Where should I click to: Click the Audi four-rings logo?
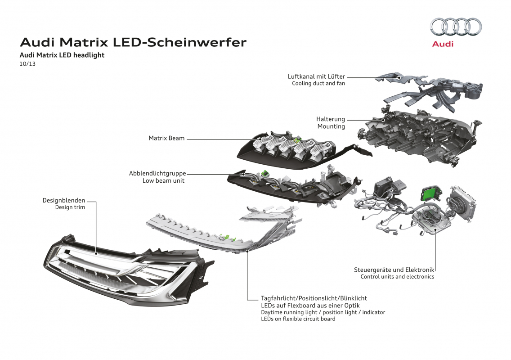pos(456,27)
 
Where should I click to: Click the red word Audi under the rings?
pos(443,44)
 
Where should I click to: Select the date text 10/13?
pos(27,63)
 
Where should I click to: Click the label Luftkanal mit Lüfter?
pos(316,76)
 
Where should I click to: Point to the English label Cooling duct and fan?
pos(318,83)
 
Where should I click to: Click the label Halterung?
pos(331,119)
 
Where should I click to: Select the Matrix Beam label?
pos(166,138)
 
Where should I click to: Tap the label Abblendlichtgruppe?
pos(157,173)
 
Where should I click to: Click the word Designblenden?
pos(63,200)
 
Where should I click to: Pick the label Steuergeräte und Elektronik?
pos(394,270)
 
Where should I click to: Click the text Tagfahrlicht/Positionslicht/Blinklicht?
pos(314,298)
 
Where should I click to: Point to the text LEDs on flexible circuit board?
pos(298,319)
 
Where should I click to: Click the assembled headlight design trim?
pos(127,270)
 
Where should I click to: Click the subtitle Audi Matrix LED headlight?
pos(62,55)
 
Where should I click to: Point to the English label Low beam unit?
pos(163,180)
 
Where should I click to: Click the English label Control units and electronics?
pos(397,276)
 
